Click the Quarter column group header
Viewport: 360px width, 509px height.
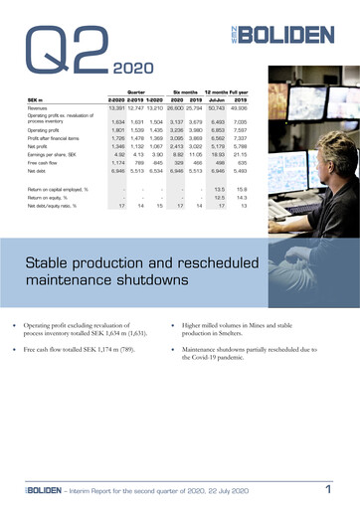pos(131,90)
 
